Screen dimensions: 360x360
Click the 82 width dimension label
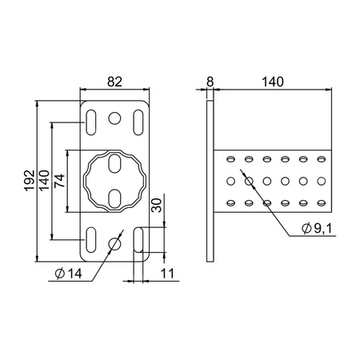tap(114, 82)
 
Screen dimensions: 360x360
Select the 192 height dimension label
tap(30, 181)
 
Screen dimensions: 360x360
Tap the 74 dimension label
tap(59, 181)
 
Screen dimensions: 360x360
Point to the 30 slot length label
tap(156, 205)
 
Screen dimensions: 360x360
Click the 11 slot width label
tap(167, 274)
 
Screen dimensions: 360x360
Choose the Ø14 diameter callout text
tap(69, 274)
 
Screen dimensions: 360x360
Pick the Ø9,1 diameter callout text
tap(317, 228)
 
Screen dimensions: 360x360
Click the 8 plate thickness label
tap(210, 82)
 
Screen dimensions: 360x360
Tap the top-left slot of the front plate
tap(91, 122)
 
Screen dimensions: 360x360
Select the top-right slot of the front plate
tap(138, 122)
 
